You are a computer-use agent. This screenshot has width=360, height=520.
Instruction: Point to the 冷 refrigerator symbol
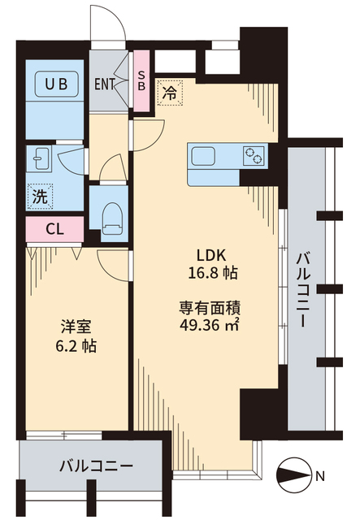pyautogui.click(x=170, y=93)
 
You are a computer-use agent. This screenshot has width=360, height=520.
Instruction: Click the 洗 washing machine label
pyautogui.click(x=39, y=195)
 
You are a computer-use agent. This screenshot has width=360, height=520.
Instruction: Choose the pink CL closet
pyautogui.click(x=54, y=228)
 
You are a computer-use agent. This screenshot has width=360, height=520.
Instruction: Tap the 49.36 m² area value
pyautogui.click(x=210, y=327)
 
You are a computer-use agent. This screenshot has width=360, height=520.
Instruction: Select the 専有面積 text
pyautogui.click(x=210, y=308)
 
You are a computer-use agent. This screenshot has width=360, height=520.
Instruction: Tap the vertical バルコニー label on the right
pyautogui.click(x=304, y=288)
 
